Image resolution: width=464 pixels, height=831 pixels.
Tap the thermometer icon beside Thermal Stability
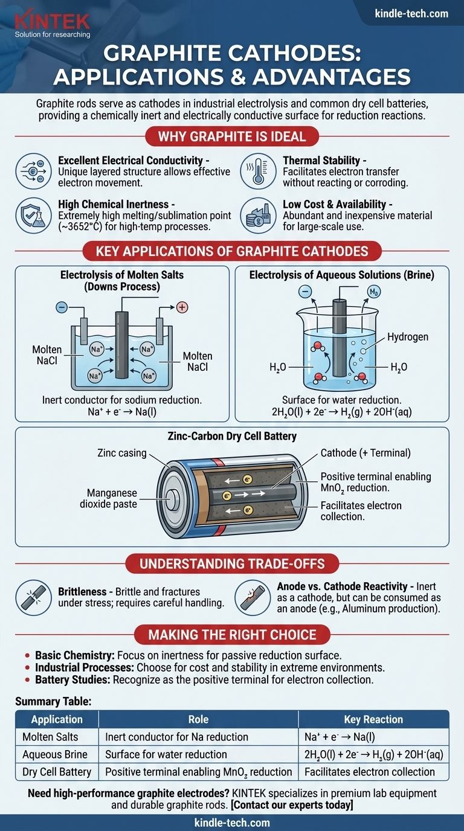258,172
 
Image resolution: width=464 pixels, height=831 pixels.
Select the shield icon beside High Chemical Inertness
33,214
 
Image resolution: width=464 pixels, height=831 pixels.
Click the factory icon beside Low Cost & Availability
258,214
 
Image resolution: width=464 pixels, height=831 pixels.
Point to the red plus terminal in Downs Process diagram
182,307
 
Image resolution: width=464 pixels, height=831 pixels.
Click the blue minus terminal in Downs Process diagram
61,307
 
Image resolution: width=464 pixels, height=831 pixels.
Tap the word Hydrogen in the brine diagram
407,336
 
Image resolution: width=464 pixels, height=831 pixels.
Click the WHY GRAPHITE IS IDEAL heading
231,136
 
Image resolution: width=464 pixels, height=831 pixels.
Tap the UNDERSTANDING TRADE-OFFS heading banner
232,563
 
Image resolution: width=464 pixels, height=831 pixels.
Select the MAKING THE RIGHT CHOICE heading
231,635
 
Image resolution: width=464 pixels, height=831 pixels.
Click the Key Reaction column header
373,719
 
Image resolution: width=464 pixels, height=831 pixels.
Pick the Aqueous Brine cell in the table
55,754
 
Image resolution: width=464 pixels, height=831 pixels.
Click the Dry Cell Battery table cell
57,772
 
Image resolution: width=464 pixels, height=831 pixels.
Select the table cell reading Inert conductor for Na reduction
176,737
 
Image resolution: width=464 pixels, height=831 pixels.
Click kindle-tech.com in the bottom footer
232,823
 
